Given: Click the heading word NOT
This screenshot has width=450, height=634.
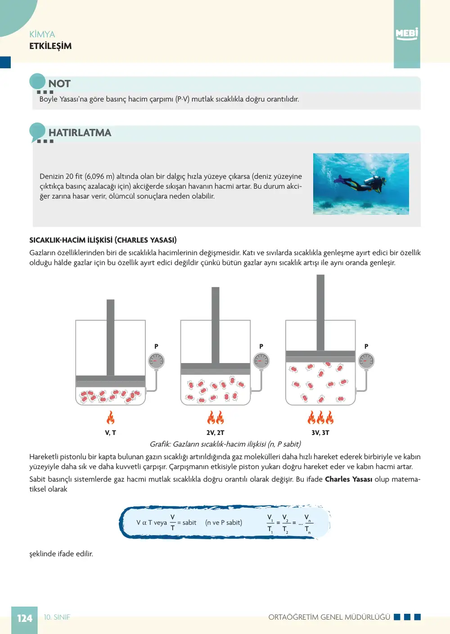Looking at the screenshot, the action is coord(59,84).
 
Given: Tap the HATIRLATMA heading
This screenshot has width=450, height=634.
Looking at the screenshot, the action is coord(80,133).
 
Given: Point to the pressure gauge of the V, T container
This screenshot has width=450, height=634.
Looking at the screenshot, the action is coord(156,361).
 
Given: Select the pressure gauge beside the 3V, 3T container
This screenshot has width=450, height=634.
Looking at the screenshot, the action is coord(366,361).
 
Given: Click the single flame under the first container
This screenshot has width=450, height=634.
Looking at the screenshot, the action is coord(111,417).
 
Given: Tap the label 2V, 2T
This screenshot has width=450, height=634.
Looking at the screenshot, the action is coord(216,433).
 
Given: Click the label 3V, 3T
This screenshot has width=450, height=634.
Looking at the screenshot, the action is coord(320,433).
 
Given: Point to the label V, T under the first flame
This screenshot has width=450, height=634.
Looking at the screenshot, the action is coord(111,433).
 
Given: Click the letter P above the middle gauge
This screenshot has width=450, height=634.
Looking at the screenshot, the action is coord(261,346).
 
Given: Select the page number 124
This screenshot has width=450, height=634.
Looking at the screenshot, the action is coord(25,618).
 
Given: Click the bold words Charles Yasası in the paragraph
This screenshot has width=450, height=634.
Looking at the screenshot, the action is coord(349,479).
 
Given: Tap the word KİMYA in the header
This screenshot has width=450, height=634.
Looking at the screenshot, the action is coord(42,34).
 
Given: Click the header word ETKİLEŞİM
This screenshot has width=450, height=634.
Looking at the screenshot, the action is coord(50,46).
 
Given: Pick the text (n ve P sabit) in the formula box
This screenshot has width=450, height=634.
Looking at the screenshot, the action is coord(224,523).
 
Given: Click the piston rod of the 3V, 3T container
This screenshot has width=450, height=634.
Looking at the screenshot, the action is coord(320,313).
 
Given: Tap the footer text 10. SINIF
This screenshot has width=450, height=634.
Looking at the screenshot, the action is coord(57,617).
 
